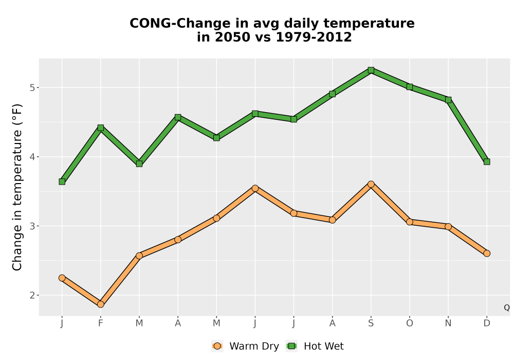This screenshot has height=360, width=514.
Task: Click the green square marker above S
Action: click(x=371, y=70)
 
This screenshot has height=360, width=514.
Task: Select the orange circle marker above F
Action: click(x=101, y=304)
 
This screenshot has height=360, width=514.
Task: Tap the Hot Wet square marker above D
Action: click(x=487, y=161)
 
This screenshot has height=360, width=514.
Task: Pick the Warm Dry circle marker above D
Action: click(x=487, y=254)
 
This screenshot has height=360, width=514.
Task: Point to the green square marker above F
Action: click(x=101, y=128)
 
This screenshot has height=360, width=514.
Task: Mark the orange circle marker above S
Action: click(x=371, y=184)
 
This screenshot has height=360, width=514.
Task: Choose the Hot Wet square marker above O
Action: click(x=410, y=87)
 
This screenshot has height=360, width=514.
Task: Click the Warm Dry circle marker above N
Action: click(x=448, y=227)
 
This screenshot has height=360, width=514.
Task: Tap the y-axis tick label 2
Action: click(x=32, y=295)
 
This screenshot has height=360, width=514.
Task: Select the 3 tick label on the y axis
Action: click(x=32, y=226)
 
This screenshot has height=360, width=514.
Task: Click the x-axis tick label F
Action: click(x=101, y=323)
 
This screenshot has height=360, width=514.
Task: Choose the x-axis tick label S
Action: click(x=371, y=323)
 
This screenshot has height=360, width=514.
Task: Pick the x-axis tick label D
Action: click(x=487, y=323)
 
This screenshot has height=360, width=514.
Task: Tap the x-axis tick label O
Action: click(x=410, y=323)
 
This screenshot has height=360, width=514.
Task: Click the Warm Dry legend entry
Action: click(x=245, y=346)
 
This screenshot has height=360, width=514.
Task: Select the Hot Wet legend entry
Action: click(x=315, y=346)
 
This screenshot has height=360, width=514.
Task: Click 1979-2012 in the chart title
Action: click(x=314, y=37)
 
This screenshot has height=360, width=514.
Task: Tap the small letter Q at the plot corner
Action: click(x=507, y=308)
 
